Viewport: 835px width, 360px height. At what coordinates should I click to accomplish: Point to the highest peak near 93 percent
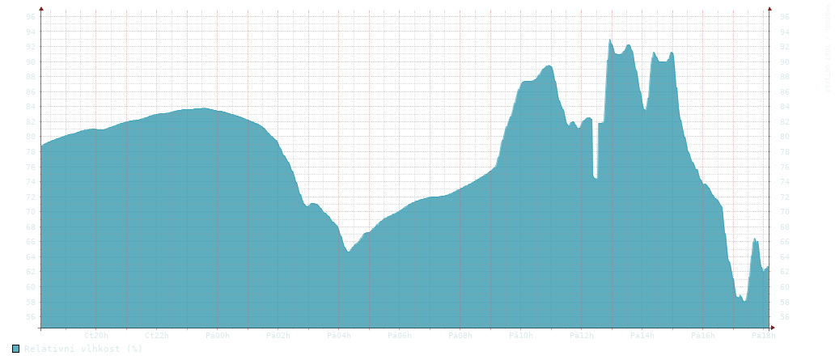pos(610,40)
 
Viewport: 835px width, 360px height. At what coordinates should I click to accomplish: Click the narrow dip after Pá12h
pos(596,176)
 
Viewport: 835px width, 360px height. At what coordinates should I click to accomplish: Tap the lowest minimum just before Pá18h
pos(744,301)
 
